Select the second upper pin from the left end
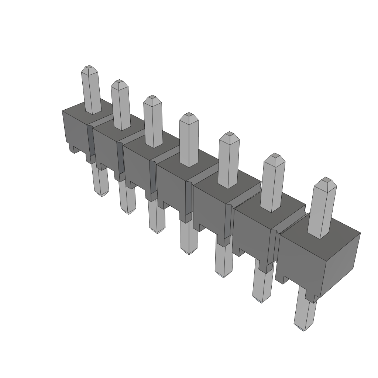120,105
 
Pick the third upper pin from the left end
153,122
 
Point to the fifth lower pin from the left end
224,260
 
